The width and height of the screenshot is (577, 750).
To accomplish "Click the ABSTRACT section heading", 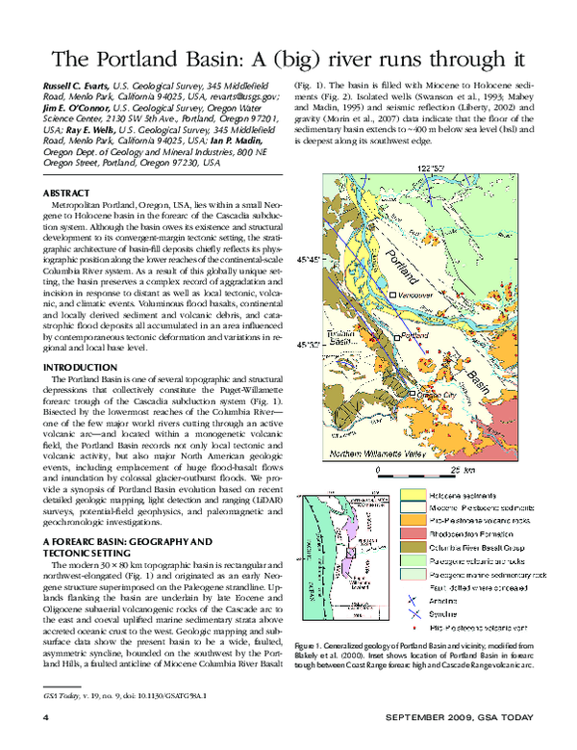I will click(70, 194).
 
